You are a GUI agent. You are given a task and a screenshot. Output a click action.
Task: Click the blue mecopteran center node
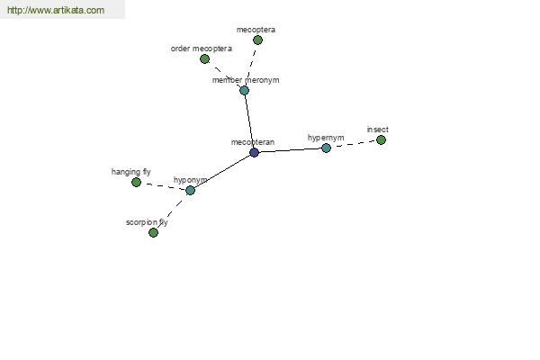coord(254,152)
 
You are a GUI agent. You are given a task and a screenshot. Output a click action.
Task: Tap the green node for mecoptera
coord(257,40)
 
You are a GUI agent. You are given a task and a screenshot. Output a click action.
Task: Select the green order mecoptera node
coord(204,58)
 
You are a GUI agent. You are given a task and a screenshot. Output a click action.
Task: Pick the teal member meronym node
coord(244,90)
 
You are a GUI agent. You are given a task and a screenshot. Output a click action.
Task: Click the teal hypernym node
coord(326,148)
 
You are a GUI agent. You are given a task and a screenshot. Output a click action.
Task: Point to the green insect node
coord(381,139)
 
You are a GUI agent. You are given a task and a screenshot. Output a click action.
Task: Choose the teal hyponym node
coord(190,190)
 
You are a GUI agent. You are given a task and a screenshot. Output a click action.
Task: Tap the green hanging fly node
coord(137,182)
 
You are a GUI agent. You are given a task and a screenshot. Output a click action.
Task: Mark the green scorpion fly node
coord(153,232)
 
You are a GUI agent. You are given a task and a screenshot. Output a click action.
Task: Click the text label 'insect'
coord(378,130)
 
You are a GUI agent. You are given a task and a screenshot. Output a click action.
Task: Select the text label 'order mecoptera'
coord(201,49)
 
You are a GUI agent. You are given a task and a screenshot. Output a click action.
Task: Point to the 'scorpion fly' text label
coord(147,222)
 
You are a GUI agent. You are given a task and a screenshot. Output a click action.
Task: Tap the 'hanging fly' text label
coord(131,172)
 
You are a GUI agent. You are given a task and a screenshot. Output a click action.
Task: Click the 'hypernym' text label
coord(326,138)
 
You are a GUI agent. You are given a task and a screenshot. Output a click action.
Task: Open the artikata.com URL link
coord(56,10)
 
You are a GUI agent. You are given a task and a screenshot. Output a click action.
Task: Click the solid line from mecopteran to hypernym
coord(290,150)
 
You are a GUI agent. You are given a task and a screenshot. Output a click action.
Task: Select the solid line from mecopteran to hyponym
coord(222,171)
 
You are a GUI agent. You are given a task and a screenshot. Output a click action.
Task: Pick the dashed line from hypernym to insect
coord(354,144)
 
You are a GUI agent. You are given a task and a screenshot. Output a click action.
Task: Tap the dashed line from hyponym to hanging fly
coord(163,186)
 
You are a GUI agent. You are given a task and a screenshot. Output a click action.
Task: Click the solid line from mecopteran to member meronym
coord(249,121)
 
